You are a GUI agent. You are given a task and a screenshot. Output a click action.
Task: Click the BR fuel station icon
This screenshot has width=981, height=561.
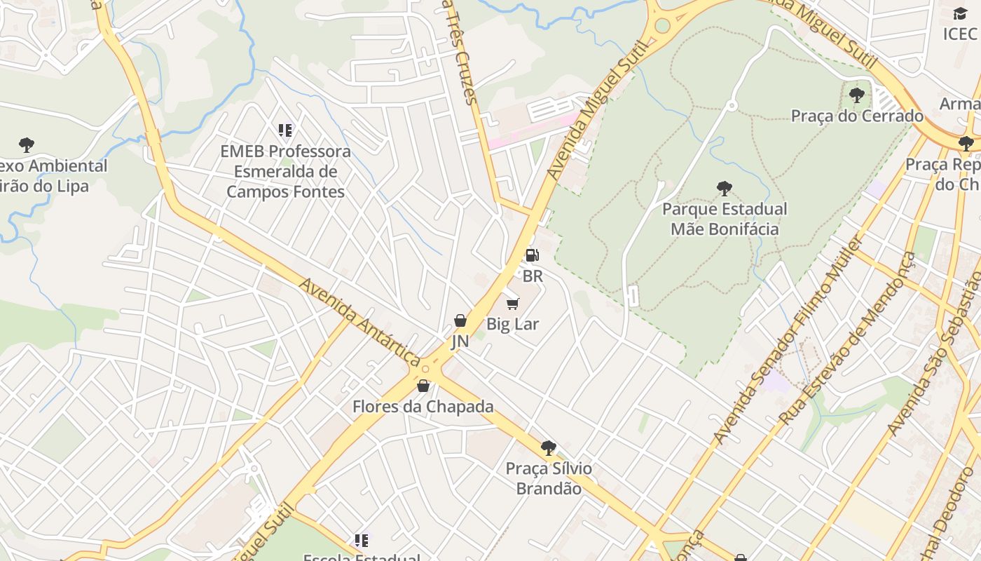point(532,255)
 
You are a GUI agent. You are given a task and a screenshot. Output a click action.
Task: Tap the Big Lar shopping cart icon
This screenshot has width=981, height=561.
point(513,304)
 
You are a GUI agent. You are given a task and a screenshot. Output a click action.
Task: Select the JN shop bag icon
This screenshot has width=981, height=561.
point(460,320)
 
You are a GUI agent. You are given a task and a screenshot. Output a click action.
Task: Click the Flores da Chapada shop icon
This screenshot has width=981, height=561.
point(423,386)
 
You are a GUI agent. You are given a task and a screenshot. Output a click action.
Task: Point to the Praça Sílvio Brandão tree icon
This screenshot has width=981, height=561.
point(549,447)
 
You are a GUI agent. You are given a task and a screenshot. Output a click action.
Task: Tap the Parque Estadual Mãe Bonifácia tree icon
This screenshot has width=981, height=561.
point(725,188)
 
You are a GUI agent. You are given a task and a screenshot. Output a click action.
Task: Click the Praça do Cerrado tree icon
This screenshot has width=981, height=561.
point(856,95)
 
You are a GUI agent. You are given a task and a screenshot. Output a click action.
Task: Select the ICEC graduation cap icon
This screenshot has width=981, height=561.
point(960,13)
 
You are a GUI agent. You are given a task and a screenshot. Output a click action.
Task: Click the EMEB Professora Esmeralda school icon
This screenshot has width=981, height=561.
point(284,130)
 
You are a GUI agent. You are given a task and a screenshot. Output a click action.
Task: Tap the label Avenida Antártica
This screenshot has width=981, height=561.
point(359,320)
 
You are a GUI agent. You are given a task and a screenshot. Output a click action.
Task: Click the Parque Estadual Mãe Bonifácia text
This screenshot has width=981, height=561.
point(725,219)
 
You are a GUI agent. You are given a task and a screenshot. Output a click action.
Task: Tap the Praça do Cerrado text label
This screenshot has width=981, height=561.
point(857,116)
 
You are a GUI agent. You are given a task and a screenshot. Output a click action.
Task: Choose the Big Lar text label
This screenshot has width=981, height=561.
point(512,324)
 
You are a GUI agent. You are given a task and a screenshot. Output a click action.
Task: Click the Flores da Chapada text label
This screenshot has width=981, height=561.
point(423,407)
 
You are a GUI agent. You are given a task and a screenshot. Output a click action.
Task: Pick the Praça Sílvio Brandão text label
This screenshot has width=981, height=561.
point(549,478)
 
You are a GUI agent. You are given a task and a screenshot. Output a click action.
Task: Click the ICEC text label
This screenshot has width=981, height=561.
point(959,34)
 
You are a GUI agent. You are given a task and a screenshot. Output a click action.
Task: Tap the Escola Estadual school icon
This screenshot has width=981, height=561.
point(361,540)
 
